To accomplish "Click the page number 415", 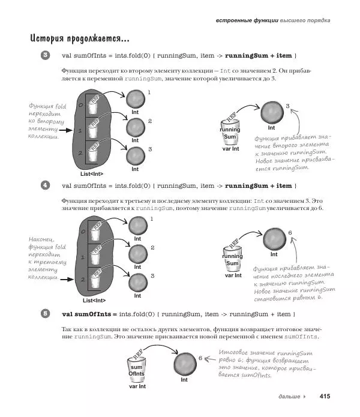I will pos(325,396).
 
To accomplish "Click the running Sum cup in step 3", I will pos(230,133).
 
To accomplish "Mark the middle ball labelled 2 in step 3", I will pos(136,128).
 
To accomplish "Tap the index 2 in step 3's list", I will pos(80,154).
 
